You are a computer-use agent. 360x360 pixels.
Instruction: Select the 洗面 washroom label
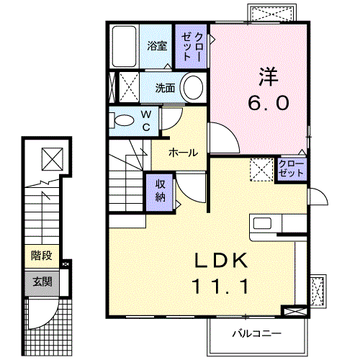coord(166,89)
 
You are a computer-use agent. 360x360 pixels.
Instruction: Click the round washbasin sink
coord(192,88)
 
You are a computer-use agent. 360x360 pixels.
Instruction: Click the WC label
coord(145,120)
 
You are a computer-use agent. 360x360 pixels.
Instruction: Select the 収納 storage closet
coord(161,191)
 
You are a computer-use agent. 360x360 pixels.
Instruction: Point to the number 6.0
coord(269,102)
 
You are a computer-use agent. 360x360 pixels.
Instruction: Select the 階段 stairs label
coord(41,256)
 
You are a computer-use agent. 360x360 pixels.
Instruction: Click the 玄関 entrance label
coord(41,282)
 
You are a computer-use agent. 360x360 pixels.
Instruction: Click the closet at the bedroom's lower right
coord(291,168)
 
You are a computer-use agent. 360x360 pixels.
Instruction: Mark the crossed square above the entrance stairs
coord(52,157)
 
